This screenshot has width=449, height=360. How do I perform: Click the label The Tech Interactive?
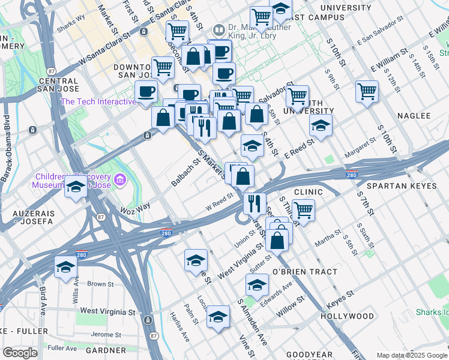pos(98,101)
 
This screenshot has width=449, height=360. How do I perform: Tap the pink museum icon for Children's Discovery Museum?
pos(120,179)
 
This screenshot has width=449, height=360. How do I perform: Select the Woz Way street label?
pos(135,208)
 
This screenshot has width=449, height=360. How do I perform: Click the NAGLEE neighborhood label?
pos(414,115)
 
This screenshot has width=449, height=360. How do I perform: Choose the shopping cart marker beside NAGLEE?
pos(367,92)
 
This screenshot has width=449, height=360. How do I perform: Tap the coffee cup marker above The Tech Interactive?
pos(146,92)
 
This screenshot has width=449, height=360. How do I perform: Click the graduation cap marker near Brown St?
pos(65,267)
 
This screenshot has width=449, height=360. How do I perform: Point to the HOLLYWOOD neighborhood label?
pos(347,316)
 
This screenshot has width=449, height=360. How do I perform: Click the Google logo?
pos(20,353)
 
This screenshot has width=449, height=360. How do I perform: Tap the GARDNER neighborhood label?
pos(106,350)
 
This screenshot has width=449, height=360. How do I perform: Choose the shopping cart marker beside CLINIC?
pos(303,210)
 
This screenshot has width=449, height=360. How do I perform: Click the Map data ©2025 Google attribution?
pos(411,355)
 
